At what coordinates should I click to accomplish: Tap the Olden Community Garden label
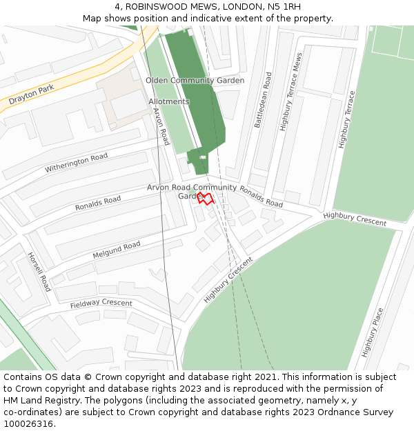pyautogui.click(x=195, y=81)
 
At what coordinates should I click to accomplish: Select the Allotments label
pyautogui.click(x=168, y=101)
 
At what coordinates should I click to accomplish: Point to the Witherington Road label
pyautogui.click(x=77, y=163)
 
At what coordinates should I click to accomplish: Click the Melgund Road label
pyautogui.click(x=117, y=250)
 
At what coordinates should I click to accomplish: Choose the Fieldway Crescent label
pyautogui.click(x=101, y=303)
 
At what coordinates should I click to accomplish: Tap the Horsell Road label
pyautogui.click(x=39, y=271)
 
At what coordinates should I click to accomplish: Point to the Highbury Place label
pyautogui.click(x=371, y=332)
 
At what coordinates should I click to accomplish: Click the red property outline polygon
pyautogui.click(x=205, y=199)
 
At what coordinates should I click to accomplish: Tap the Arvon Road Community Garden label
pyautogui.click(x=192, y=191)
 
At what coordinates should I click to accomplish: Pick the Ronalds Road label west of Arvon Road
pyautogui.click(x=98, y=203)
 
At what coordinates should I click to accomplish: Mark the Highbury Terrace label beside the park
pyautogui.click(x=346, y=119)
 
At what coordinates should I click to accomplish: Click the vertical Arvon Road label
pyautogui.click(x=161, y=126)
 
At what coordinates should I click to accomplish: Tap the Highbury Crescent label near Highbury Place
pyautogui.click(x=355, y=219)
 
